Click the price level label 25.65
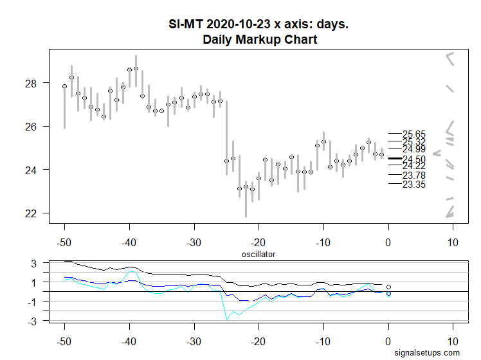pyautogui.click(x=413, y=134)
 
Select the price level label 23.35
pyautogui.click(x=413, y=184)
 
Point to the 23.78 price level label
pyautogui.click(x=413, y=175)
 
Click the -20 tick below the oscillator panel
pyautogui.click(x=259, y=340)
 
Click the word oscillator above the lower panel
pyautogui.click(x=259, y=255)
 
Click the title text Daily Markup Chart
pyautogui.click(x=259, y=40)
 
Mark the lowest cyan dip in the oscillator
pyautogui.click(x=226, y=319)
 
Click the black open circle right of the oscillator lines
pyautogui.click(x=388, y=287)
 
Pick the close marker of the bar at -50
pyautogui.click(x=64, y=86)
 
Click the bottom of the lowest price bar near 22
pyautogui.click(x=246, y=217)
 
